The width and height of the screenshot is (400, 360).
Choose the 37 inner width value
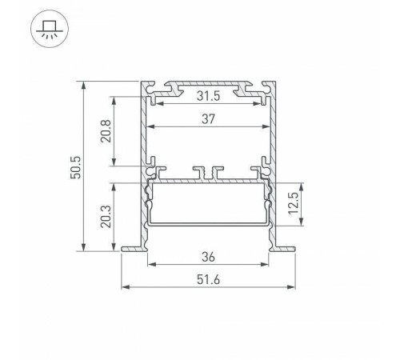click(208, 120)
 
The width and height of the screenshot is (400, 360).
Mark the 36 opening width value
click(208, 258)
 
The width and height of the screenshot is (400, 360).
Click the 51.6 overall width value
click(208, 280)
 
